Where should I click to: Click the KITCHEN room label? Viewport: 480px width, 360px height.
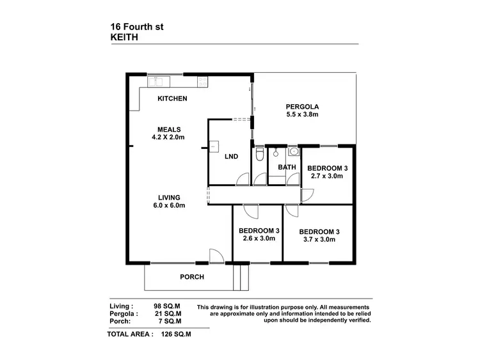click(x=172, y=98)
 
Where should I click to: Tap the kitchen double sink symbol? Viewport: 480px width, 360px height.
click(x=157, y=81)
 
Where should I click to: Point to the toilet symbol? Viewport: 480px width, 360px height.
click(x=259, y=155)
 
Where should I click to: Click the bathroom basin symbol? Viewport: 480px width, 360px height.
click(x=293, y=152)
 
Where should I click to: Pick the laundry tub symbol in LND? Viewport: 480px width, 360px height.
click(x=214, y=146)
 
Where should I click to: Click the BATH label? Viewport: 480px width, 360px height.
click(x=287, y=168)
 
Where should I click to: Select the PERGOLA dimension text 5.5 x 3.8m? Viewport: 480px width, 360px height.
click(x=303, y=115)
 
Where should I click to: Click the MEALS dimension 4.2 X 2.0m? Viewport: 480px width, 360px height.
click(x=168, y=137)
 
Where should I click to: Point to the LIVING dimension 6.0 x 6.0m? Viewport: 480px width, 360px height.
click(x=168, y=205)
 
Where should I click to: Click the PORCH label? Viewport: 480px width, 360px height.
click(x=191, y=277)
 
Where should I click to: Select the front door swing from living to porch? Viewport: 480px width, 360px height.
click(x=216, y=256)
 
